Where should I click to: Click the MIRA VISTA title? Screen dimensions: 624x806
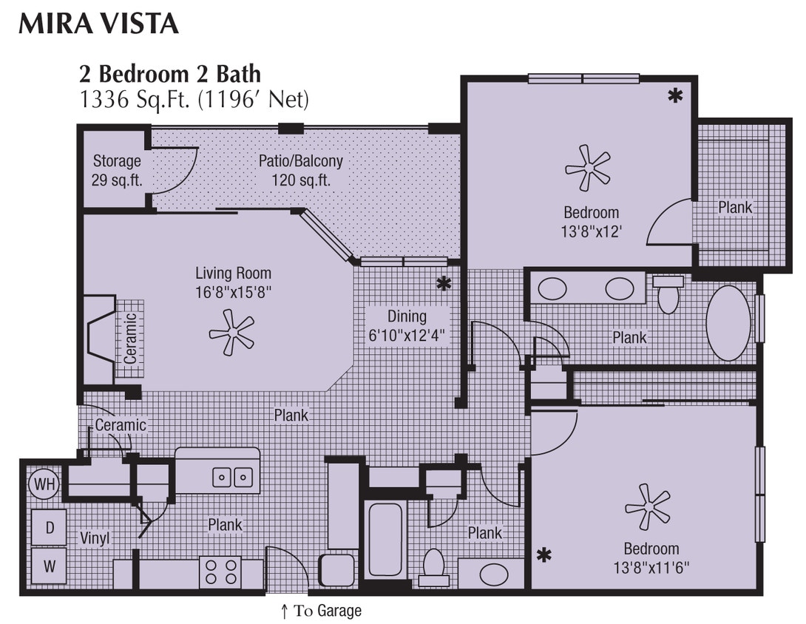98,24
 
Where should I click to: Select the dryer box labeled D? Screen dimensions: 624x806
50,527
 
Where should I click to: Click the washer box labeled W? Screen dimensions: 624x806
50,567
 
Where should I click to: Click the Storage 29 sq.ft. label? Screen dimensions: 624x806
117,170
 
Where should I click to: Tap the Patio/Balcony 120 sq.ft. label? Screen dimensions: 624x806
300,170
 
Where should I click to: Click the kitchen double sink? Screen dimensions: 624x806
233,478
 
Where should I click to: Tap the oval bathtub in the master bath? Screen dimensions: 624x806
728,323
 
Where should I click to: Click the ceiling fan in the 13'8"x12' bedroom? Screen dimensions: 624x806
588,168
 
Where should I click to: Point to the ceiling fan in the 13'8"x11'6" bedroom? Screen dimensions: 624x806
648,506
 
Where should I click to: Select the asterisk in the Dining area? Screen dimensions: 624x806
444,283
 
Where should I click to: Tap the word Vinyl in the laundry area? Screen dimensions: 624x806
95,539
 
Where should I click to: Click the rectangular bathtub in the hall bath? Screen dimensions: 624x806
385,540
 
